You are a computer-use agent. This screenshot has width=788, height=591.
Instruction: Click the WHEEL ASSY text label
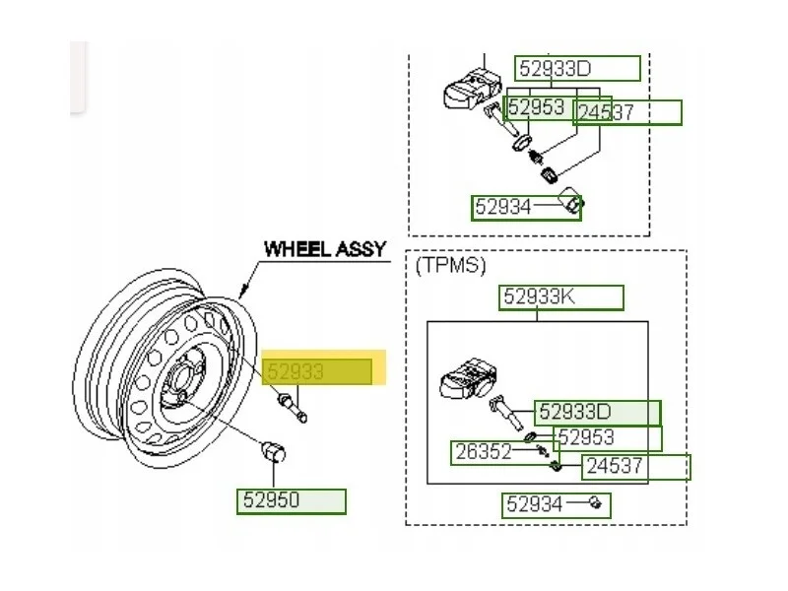tap(325, 249)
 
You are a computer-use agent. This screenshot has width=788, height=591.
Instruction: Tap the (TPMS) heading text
tap(450, 265)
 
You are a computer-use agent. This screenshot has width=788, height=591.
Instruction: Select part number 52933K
tap(539, 296)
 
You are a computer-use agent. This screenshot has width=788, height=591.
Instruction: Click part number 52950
tap(271, 500)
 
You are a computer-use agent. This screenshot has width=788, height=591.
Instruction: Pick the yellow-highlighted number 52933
tap(295, 372)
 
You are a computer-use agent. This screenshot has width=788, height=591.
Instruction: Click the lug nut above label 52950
tap(274, 451)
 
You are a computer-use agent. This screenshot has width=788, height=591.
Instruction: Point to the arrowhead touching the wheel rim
tap(243, 290)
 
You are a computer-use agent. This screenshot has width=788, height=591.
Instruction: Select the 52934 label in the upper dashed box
tap(502, 207)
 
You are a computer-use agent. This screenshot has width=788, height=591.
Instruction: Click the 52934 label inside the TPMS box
tap(534, 503)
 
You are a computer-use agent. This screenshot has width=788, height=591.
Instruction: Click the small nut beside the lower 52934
tap(595, 502)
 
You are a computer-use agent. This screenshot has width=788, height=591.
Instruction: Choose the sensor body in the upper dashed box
tap(473, 89)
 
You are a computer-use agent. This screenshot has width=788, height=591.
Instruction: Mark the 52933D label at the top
tap(555, 68)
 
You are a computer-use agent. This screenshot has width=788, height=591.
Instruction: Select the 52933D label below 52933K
tap(575, 413)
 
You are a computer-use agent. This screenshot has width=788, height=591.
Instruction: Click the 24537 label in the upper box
tap(606, 112)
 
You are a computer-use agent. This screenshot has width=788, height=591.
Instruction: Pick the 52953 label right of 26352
tap(586, 437)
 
